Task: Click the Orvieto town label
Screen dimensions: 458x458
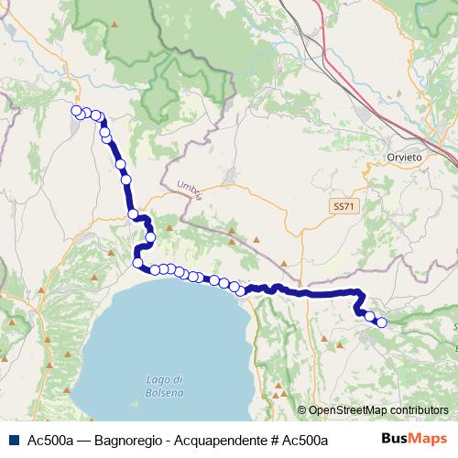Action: [405, 158]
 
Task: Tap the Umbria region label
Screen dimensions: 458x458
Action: [189, 186]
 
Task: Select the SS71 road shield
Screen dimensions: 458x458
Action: [342, 208]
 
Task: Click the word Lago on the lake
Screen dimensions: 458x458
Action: [165, 379]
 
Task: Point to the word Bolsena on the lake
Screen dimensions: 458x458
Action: [165, 392]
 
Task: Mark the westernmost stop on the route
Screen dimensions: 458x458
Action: [76, 111]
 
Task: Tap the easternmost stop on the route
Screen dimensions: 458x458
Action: [382, 322]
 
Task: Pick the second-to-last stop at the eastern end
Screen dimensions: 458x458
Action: [370, 316]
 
